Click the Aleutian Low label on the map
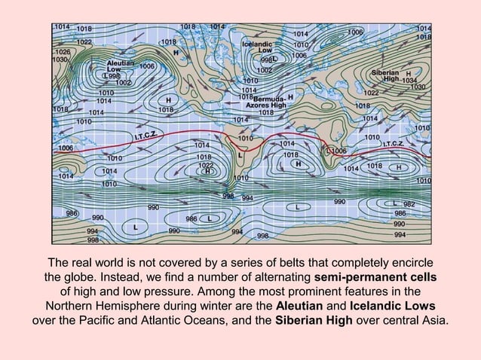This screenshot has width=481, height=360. [121, 66]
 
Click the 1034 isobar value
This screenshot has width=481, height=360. [409, 80]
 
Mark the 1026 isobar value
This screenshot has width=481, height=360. [63, 51]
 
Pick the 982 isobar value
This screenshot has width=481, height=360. [409, 204]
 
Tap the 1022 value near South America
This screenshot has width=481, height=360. [205, 164]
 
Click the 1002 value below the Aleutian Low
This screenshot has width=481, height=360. [124, 83]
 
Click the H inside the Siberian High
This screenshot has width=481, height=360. [408, 73]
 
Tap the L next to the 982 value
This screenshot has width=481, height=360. [395, 203]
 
